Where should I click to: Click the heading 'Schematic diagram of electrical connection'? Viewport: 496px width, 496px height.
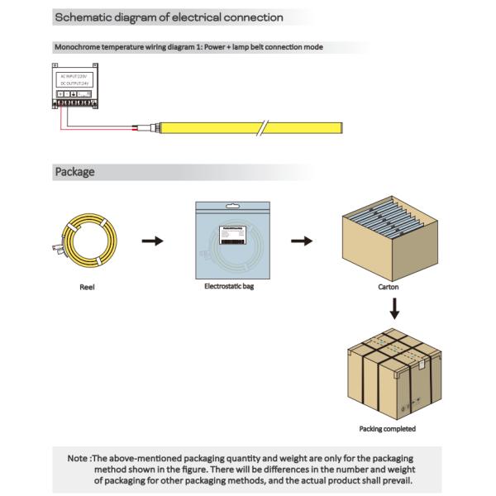169,17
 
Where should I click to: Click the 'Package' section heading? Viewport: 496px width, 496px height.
74,172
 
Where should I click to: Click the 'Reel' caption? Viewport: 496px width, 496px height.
87,288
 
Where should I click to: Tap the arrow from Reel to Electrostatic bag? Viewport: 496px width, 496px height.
152,241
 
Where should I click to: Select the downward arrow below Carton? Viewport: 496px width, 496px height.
394,308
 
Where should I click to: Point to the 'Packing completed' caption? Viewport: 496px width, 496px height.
388,429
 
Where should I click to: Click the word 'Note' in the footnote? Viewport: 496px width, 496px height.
77,458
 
